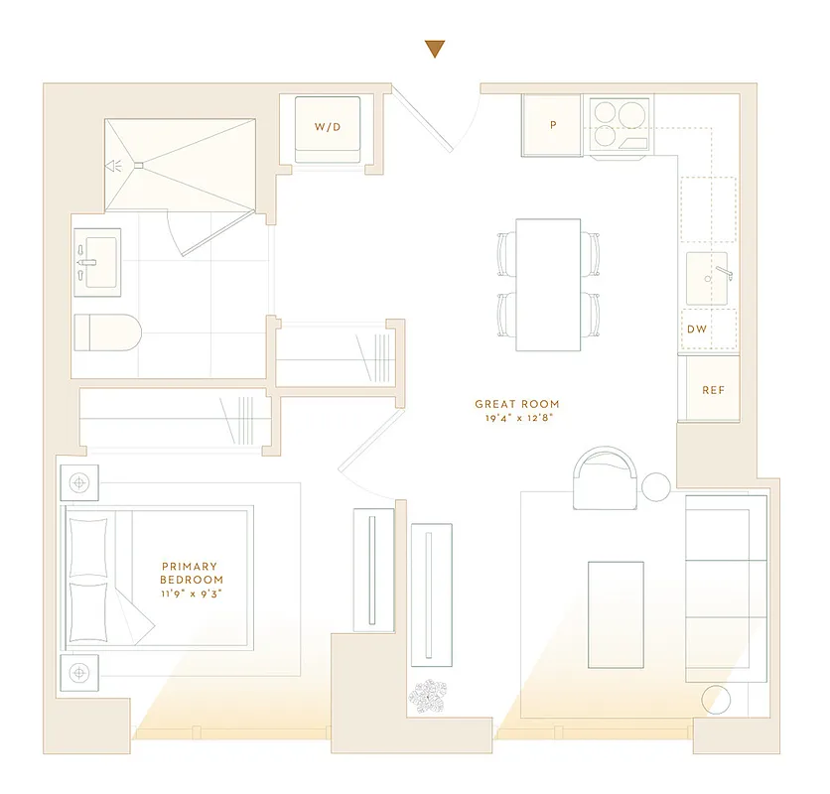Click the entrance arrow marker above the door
[x=434, y=49]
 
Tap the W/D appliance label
[x=327, y=127]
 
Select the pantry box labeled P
[x=553, y=126]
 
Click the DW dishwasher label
[x=697, y=329]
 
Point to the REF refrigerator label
[x=713, y=390]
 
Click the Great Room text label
[x=516, y=404]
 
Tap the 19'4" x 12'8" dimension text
[x=516, y=419]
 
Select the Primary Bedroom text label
[x=192, y=573]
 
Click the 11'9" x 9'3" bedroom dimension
[x=192, y=593]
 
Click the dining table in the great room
[x=548, y=284]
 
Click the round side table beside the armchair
[x=657, y=486]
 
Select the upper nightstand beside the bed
[x=79, y=484]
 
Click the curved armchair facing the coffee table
[x=606, y=475]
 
